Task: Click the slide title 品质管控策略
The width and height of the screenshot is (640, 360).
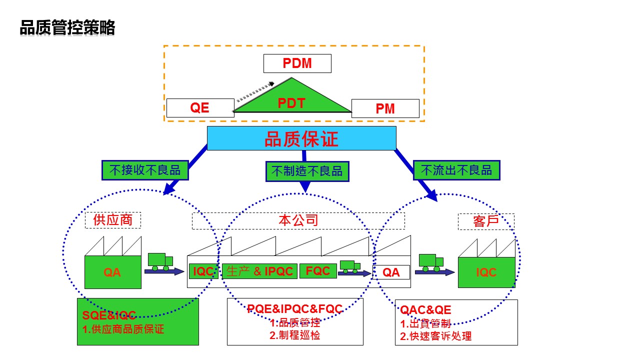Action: click(x=67, y=28)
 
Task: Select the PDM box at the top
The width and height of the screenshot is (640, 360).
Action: click(x=297, y=63)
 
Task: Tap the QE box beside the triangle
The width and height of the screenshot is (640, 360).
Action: click(x=200, y=108)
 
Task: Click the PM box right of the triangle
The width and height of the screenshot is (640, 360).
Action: click(x=385, y=108)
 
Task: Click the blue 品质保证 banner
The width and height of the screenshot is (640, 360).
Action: click(x=301, y=138)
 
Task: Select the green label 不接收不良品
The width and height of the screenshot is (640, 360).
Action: click(x=144, y=170)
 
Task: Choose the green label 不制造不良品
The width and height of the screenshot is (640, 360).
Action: click(x=307, y=171)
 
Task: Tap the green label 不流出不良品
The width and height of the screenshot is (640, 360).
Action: click(x=456, y=170)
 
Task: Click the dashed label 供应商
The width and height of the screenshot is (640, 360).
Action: click(x=113, y=220)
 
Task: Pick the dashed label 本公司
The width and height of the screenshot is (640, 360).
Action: click(x=298, y=220)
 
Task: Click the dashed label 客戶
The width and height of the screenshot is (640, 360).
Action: click(x=486, y=221)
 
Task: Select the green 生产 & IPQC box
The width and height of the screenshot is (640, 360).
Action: click(x=259, y=271)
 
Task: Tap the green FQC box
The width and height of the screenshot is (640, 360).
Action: click(x=318, y=271)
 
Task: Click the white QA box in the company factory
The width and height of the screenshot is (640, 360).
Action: click(x=391, y=272)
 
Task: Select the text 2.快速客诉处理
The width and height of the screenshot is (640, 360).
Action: click(x=435, y=336)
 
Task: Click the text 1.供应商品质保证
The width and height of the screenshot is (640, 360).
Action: click(x=123, y=329)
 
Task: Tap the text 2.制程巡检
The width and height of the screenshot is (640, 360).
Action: click(x=295, y=335)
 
